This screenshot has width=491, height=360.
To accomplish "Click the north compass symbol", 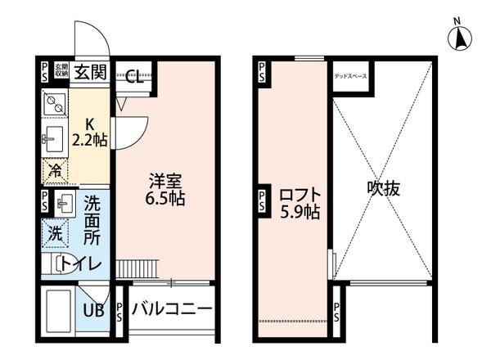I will click(460, 37).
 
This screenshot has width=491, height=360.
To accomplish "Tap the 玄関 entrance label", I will click(90, 71).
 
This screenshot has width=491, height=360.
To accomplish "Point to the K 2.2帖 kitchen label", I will click(89, 132).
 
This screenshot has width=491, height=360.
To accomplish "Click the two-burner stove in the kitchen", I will click(56, 105).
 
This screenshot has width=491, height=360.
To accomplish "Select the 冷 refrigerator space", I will click(54, 172).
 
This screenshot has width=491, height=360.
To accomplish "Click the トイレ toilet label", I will click(82, 264).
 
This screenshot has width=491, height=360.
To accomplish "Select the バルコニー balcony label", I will click(172, 309).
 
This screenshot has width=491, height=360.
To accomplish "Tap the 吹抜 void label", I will click(382, 188).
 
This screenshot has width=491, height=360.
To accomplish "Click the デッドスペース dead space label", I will click(350, 76).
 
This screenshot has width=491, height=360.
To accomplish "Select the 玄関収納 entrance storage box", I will click(61, 71).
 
